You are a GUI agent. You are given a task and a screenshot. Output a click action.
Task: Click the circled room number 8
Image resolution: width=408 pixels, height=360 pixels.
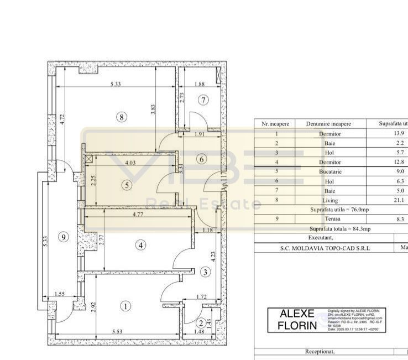[122, 116]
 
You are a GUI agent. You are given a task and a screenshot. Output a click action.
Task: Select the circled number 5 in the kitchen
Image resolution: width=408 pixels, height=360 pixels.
[128, 185]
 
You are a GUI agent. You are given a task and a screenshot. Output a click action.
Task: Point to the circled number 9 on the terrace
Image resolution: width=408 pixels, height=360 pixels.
[64, 237]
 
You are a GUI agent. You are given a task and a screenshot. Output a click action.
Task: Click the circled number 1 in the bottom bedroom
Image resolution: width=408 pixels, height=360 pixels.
[127, 306]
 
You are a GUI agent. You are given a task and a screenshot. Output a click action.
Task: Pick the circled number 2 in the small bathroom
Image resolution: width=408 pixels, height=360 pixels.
[201, 323]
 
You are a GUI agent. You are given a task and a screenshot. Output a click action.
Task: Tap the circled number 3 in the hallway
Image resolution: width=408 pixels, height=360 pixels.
[205, 272]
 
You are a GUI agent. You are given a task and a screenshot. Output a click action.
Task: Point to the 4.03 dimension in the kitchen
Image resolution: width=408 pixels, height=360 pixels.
[130, 163]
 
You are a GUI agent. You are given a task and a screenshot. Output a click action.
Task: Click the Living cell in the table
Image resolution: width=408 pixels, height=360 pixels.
[331, 200]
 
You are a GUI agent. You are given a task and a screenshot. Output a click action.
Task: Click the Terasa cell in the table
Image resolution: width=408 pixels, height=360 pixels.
[331, 220]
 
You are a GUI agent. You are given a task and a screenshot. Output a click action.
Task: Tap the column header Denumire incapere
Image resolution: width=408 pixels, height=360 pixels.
[331, 124]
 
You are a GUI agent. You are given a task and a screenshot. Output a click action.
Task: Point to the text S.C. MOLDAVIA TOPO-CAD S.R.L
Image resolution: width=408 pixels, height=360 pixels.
[325, 248]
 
